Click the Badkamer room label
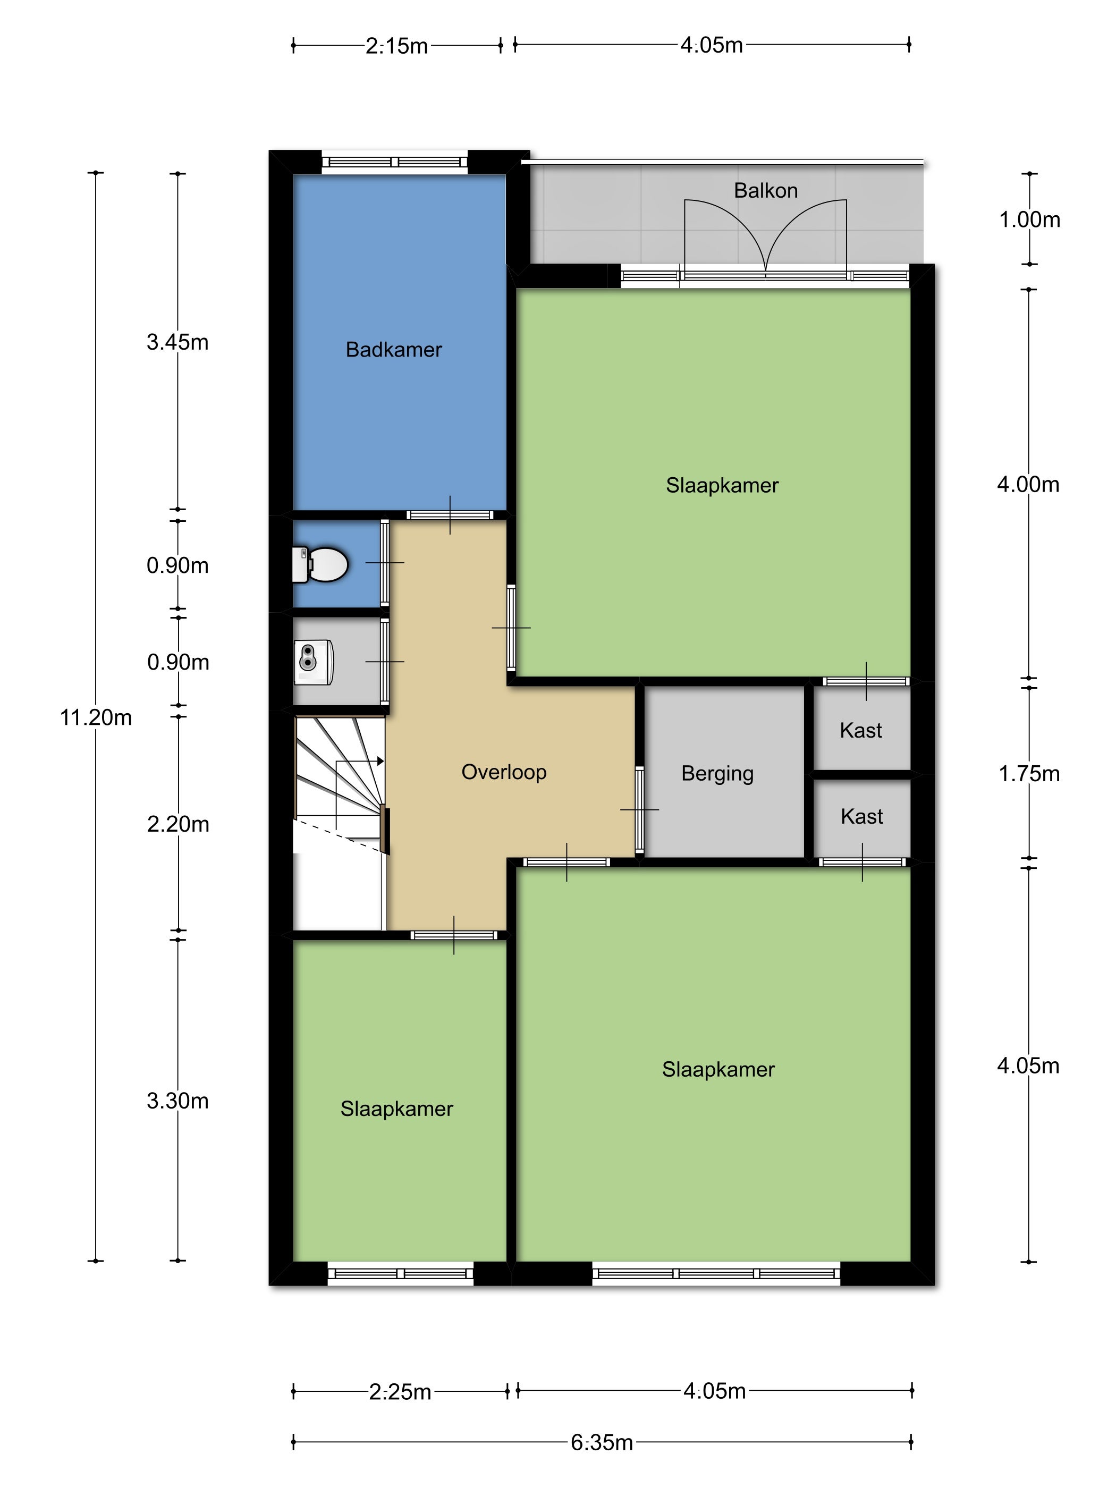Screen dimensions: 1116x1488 click(394, 350)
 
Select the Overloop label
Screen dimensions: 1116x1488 click(504, 772)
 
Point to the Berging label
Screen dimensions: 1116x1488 click(717, 774)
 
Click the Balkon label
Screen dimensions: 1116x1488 click(766, 191)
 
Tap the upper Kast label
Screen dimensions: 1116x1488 click(860, 731)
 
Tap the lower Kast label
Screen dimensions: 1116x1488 click(862, 817)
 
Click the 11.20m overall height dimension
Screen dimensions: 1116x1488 click(96, 718)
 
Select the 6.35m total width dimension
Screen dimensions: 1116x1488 click(602, 1443)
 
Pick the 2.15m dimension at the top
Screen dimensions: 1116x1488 click(397, 46)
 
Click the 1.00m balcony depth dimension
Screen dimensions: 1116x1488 click(1029, 220)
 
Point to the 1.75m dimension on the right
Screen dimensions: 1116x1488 click(1029, 774)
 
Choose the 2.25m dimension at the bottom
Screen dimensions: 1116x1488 click(400, 1392)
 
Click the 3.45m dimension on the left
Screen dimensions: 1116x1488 click(177, 342)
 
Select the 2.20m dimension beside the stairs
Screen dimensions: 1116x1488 click(178, 825)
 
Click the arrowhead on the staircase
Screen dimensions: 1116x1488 click(380, 762)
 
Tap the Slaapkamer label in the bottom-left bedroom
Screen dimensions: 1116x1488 click(397, 1109)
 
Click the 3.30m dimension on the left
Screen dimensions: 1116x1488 click(177, 1101)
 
